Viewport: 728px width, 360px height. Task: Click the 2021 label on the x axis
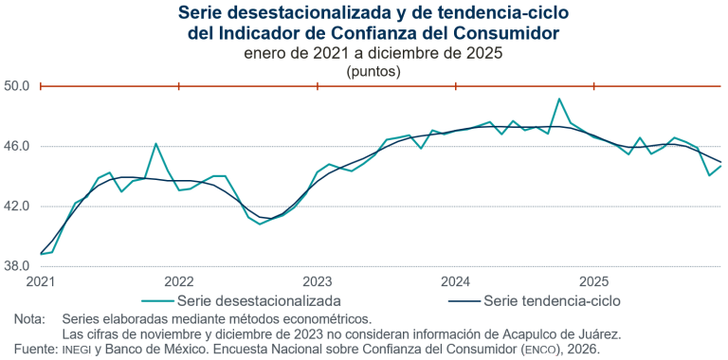point(41,282)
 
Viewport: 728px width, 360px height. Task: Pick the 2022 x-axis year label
point(179,282)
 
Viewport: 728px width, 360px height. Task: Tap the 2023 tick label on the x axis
point(317,282)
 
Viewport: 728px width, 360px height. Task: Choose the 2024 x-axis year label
point(455,282)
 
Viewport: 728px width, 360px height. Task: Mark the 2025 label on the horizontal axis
point(593,282)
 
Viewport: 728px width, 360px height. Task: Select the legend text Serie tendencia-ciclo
point(552,301)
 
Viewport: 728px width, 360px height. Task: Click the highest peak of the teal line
point(559,99)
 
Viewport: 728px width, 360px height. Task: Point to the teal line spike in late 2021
point(156,144)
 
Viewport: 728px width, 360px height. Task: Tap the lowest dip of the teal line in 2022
point(260,225)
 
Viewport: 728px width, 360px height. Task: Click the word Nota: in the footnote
point(30,319)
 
